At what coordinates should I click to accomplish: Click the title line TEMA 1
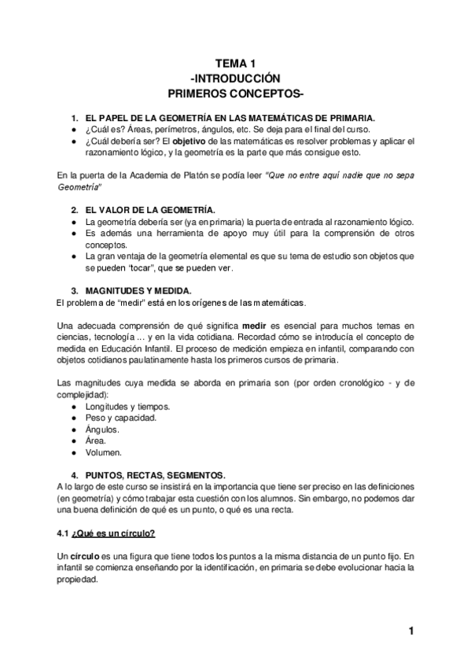[235, 64]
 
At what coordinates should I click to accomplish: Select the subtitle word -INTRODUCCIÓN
[235, 79]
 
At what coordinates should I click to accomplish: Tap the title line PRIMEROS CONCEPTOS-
[235, 94]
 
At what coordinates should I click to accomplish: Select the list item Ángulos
[102, 429]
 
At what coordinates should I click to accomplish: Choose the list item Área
[96, 441]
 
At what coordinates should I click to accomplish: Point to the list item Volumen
[104, 453]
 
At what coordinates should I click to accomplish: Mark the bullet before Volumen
[73, 453]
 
